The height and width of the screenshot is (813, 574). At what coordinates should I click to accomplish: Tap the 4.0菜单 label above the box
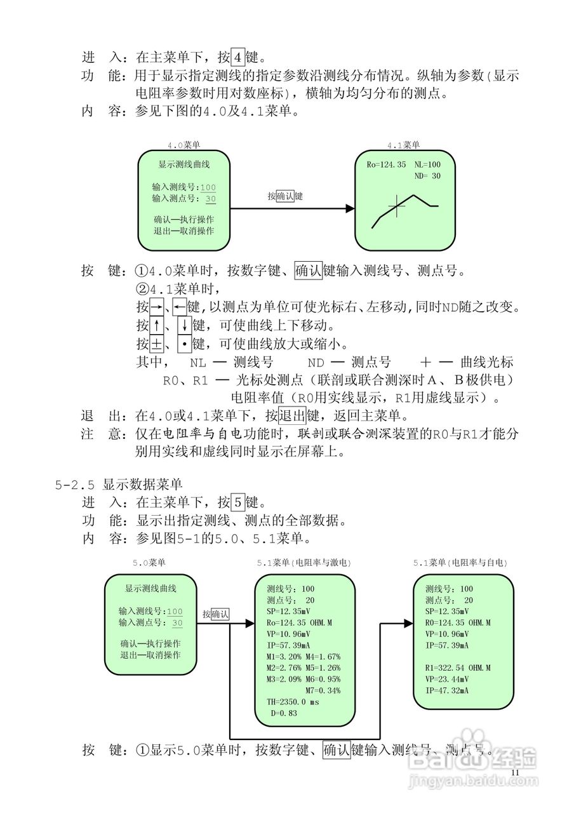tap(184, 145)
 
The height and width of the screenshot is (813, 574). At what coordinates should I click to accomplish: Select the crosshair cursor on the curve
tap(397, 205)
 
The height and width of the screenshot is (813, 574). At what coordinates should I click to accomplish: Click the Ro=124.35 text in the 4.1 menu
tap(386, 165)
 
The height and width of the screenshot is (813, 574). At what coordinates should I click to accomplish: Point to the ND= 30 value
tap(427, 176)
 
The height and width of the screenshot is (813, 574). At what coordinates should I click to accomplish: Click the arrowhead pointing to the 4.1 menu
tap(349, 208)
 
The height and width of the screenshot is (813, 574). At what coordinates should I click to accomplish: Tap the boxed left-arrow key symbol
tap(180, 308)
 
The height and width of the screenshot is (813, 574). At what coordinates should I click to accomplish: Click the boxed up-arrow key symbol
tap(157, 326)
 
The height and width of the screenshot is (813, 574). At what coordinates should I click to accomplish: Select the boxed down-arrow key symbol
tap(183, 326)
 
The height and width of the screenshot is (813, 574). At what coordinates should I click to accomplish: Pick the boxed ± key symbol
tap(157, 345)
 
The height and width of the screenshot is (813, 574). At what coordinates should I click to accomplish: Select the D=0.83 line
tap(284, 713)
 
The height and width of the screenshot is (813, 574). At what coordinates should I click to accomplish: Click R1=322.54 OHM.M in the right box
tap(458, 668)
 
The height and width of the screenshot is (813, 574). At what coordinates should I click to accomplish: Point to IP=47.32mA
tap(447, 690)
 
